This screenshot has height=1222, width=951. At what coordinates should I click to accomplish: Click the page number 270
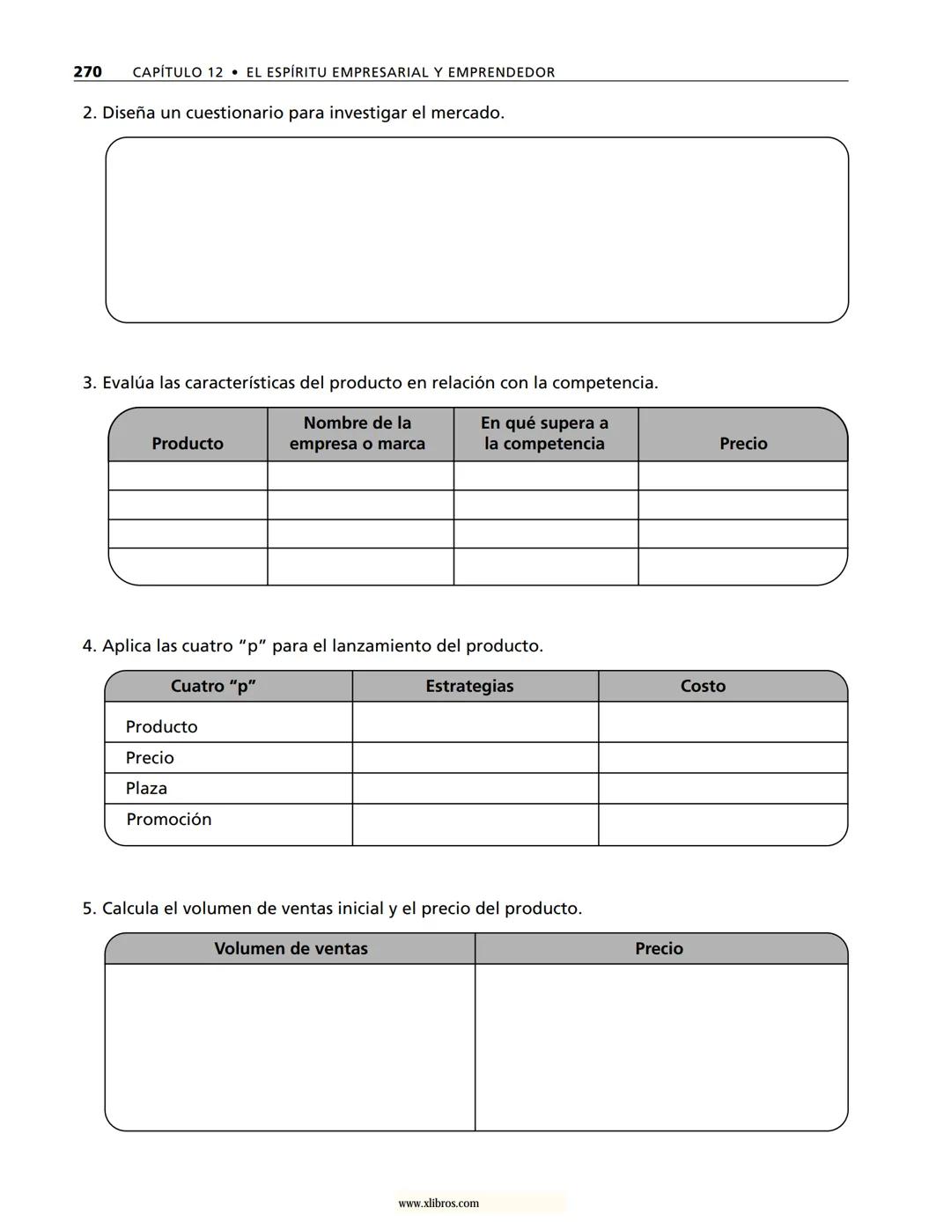pos(87,72)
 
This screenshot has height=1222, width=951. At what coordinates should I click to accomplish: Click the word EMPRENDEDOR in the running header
pos(501,72)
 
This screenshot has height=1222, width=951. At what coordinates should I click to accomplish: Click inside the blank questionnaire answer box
pos(476,230)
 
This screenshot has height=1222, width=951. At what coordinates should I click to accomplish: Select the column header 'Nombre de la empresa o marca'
pos(358,433)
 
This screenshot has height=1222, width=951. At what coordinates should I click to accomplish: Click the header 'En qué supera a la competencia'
pos(544,433)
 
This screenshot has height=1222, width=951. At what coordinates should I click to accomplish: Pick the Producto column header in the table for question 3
pos(188,443)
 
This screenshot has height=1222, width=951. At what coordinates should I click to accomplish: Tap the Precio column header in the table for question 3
pos(743,443)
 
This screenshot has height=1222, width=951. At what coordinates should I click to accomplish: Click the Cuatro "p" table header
pos(213,686)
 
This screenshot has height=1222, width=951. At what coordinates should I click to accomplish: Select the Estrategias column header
pos(469,686)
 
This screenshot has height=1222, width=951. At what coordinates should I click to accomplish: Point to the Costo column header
pos(703,686)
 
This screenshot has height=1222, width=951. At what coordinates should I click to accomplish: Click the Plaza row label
pos(146,788)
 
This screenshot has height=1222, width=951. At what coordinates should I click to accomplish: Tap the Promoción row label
pos(168,819)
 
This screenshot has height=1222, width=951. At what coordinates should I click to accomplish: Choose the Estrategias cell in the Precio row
pos(475,757)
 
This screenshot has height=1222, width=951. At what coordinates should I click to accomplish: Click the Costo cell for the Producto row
pos(722,722)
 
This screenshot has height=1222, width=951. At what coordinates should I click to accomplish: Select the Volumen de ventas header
pos(291,948)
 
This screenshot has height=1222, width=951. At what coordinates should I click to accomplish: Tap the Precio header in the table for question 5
pos(659,948)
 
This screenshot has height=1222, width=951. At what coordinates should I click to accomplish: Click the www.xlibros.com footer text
pos(439,1203)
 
